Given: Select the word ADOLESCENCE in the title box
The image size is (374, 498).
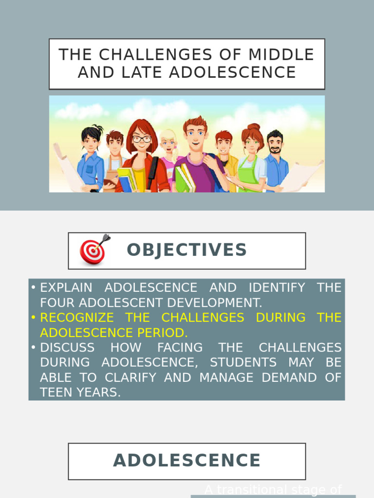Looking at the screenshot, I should pyautogui.click(x=233, y=72).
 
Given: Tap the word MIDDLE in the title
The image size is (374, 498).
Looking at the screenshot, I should pyautogui.click(x=281, y=54).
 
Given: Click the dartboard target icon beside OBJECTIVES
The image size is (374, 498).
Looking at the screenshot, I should pyautogui.click(x=93, y=250).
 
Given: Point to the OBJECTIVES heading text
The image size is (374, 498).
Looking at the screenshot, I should pyautogui.click(x=187, y=250).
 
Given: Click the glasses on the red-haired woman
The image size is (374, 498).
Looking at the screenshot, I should pyautogui.click(x=142, y=139).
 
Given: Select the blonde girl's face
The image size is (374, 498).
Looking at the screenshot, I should pyautogui.click(x=168, y=143).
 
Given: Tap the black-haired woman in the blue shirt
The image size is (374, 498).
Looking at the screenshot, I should pyautogui.click(x=91, y=160).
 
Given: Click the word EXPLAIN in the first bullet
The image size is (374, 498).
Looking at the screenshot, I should pyautogui.click(x=66, y=287).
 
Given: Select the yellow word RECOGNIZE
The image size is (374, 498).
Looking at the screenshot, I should pyautogui.click(x=77, y=318).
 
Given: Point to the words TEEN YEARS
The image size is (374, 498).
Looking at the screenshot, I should pyautogui.click(x=80, y=392).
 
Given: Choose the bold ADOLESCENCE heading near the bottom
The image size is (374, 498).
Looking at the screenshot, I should pyautogui.click(x=187, y=461).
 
